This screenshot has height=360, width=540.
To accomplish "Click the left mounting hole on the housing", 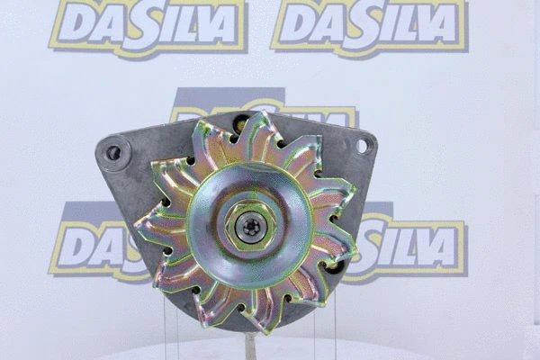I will pos(113,153).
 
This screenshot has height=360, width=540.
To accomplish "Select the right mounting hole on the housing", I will pos(361,145).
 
